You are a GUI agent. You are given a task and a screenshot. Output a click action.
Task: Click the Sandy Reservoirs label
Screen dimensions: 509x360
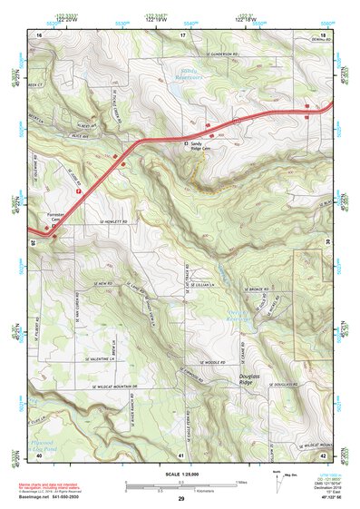click(183, 73)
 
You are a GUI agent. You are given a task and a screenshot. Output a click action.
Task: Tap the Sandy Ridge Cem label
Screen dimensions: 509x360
click(202, 147)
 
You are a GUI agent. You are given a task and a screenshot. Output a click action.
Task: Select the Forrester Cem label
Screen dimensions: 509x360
click(57, 217)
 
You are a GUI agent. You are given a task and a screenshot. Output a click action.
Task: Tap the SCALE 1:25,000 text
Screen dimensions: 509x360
click(180, 472)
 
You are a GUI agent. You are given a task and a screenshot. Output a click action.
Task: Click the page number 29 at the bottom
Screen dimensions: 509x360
click(180, 499)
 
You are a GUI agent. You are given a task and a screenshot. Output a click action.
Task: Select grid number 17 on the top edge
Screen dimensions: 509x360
click(182, 34)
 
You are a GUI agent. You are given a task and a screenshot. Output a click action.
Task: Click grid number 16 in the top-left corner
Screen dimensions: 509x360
click(39, 34)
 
